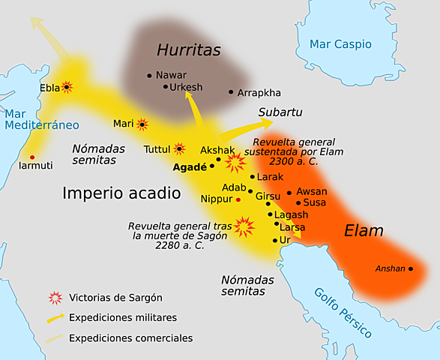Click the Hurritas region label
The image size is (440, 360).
(189, 50)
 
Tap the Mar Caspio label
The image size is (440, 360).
(341, 44)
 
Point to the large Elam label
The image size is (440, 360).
(364, 231)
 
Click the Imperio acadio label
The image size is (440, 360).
(121, 193)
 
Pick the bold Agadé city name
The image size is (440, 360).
(189, 168)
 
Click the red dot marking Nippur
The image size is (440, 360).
(238, 199)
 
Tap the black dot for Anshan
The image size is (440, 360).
(411, 269)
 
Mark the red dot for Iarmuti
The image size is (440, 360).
(32, 157)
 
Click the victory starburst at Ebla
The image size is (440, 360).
(67, 87)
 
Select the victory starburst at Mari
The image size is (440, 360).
(142, 124)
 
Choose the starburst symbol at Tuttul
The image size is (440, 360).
(179, 148)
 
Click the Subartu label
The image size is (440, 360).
(280, 112)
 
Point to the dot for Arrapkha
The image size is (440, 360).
(231, 92)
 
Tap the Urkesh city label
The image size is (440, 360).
(186, 87)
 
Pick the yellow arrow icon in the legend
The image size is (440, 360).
(54, 317)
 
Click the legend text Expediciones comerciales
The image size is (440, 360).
(130, 338)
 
